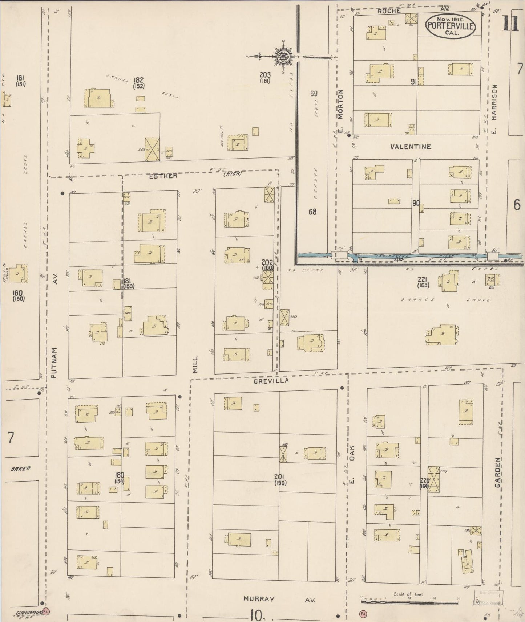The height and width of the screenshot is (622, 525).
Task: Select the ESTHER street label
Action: [x=163, y=176]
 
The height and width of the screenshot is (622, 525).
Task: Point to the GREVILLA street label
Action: [x=271, y=381]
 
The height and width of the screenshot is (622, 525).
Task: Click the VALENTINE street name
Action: [x=411, y=147]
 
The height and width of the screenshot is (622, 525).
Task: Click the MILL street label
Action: [x=195, y=364]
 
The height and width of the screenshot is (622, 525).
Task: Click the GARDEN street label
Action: [x=497, y=472]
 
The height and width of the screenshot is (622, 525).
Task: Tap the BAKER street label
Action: [x=20, y=468]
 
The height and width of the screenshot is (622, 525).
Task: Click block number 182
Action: [x=139, y=80]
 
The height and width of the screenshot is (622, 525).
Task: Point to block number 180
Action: [x=119, y=475]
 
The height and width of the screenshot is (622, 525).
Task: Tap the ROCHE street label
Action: [x=389, y=11]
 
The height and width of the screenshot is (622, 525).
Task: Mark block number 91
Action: [x=413, y=82]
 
